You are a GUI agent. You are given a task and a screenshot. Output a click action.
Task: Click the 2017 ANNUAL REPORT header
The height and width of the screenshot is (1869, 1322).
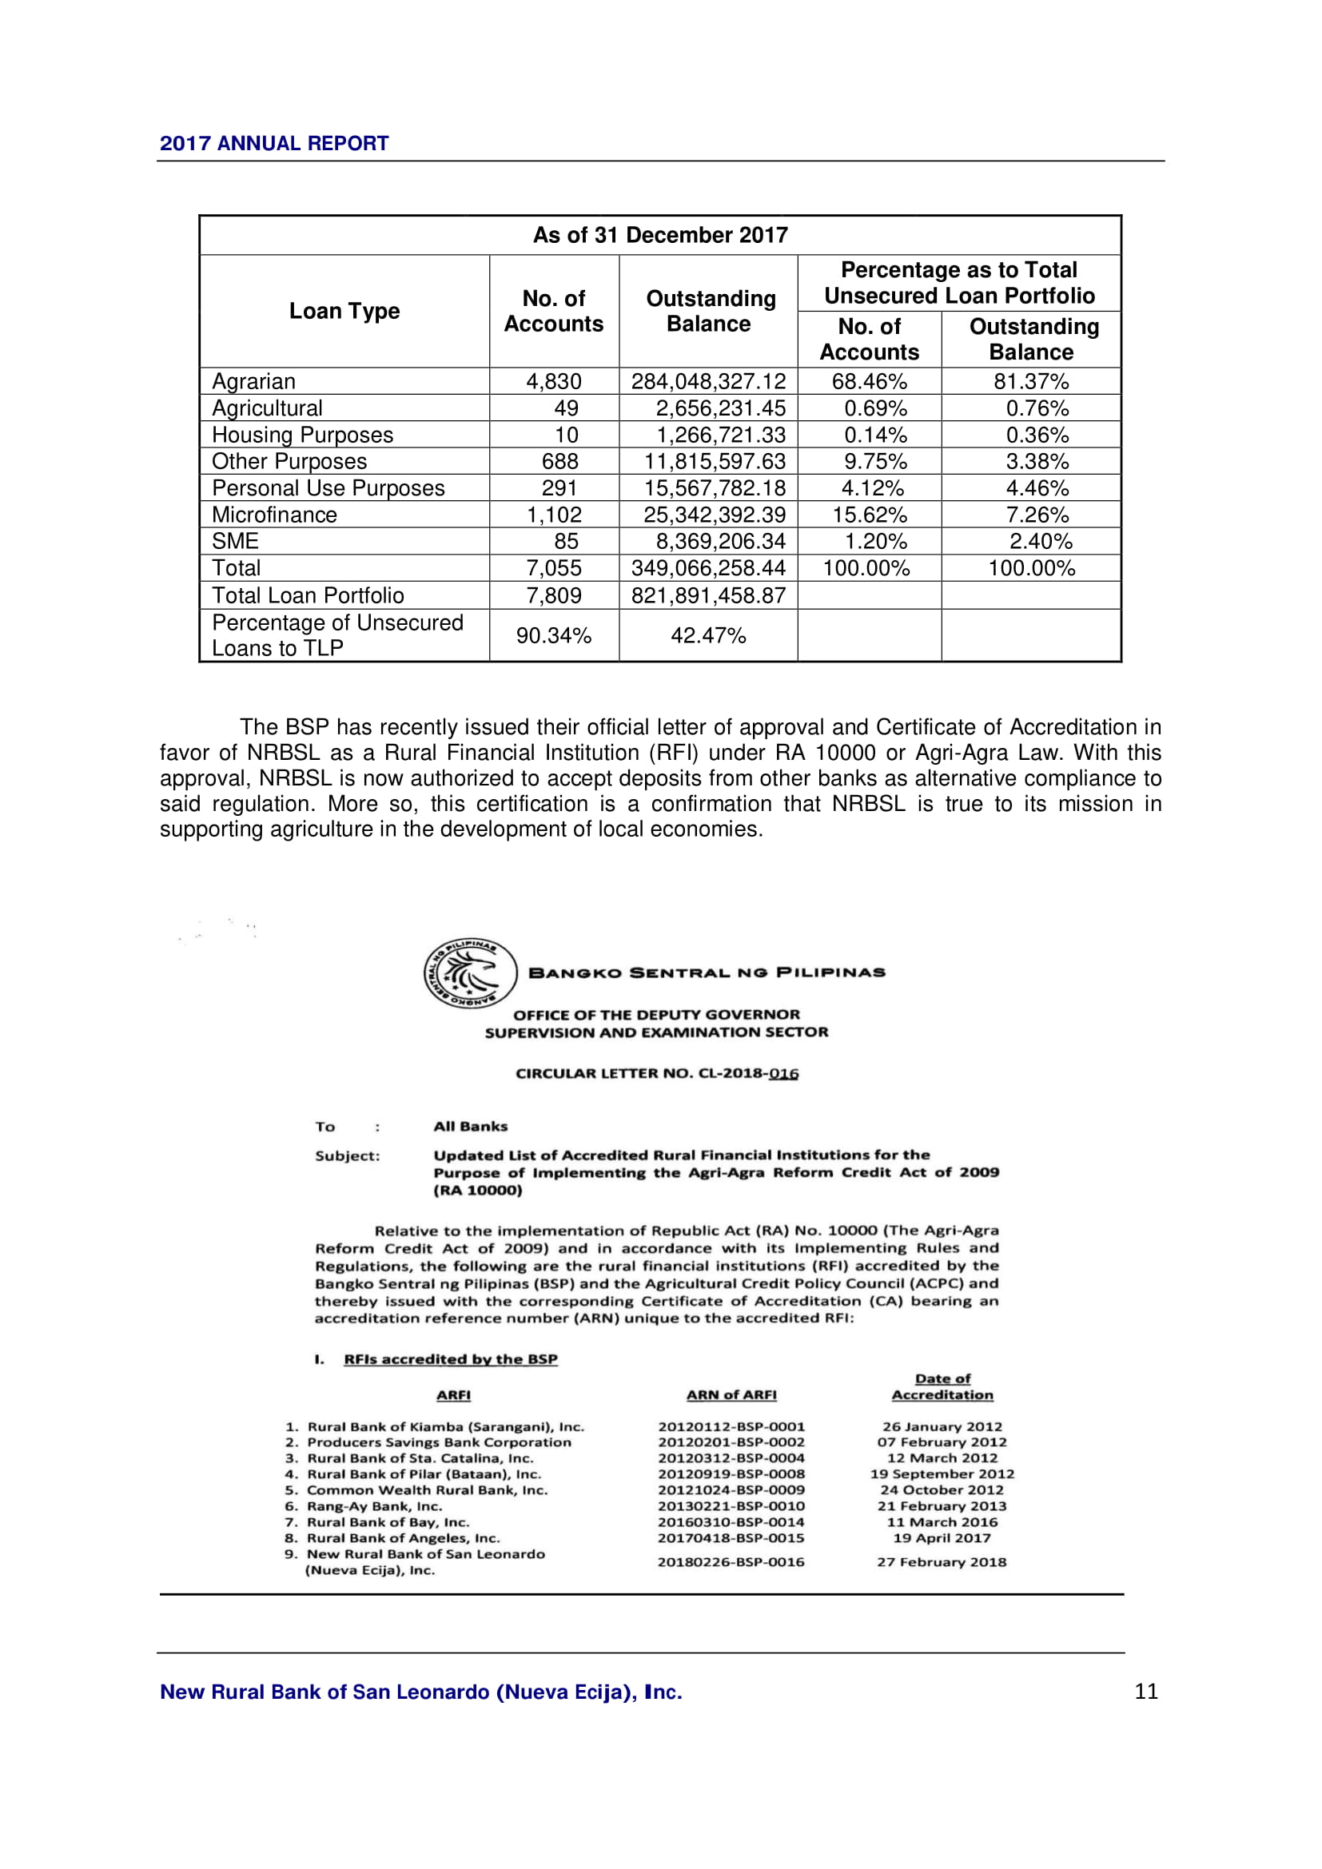point(273,143)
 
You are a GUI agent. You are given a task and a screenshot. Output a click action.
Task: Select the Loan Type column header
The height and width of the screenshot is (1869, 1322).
point(344,311)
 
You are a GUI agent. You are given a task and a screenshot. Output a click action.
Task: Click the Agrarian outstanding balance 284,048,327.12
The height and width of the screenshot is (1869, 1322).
point(708,381)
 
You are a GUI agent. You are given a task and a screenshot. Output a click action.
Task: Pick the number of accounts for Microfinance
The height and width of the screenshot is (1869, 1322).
point(554,515)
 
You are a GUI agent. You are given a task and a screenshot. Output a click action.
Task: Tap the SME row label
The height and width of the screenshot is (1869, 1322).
point(235,541)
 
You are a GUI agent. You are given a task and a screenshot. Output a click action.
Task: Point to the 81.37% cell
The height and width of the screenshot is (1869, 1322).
point(1030,381)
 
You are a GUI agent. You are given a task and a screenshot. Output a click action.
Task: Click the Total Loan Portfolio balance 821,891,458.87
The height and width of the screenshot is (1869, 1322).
point(708,595)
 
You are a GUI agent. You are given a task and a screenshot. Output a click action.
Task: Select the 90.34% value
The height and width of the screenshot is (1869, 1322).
point(554,635)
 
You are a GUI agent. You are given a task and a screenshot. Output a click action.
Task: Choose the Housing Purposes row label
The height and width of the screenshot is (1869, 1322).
point(302,435)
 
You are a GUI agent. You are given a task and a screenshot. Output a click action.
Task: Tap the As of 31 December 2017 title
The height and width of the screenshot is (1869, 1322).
point(660,235)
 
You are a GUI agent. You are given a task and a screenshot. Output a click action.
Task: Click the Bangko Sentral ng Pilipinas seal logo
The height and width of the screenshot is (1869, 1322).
point(471,973)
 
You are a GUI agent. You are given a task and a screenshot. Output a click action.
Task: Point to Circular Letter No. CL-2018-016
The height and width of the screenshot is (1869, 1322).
point(657,1074)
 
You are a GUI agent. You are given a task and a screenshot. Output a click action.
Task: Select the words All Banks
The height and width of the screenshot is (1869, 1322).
point(471,1127)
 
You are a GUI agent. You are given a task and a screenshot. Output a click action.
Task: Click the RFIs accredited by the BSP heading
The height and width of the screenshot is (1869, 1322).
point(450,1359)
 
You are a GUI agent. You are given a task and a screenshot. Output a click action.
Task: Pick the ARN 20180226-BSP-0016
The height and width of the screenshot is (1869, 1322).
point(731,1562)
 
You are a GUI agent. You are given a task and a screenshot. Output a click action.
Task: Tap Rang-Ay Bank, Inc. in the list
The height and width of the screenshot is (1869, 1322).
point(374,1507)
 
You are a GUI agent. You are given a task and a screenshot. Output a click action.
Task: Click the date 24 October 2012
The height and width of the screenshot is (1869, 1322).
point(942,1490)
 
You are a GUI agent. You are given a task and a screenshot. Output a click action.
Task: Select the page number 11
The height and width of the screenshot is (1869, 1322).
point(1146,1692)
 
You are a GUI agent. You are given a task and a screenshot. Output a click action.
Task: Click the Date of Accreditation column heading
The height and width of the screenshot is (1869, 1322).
point(942,1387)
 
